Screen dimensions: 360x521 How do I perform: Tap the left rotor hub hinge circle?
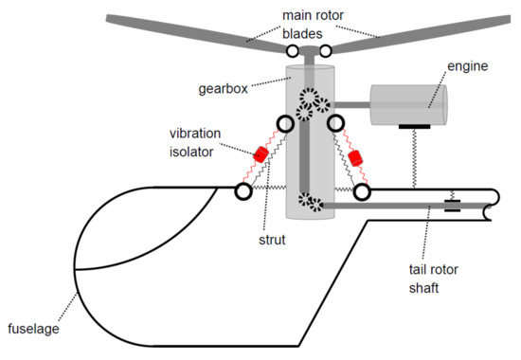pyautogui.click(x=292, y=49)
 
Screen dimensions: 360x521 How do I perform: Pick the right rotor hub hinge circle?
pyautogui.click(x=324, y=49)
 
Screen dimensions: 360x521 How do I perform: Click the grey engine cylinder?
pyautogui.click(x=408, y=103)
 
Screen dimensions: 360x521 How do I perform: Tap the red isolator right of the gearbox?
pyautogui.click(x=357, y=156)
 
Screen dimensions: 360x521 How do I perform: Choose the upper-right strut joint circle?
pyautogui.click(x=334, y=123)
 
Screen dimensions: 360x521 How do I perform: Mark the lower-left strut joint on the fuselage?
pyautogui.click(x=243, y=191)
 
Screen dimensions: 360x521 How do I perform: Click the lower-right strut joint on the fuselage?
pyautogui.click(x=361, y=192)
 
